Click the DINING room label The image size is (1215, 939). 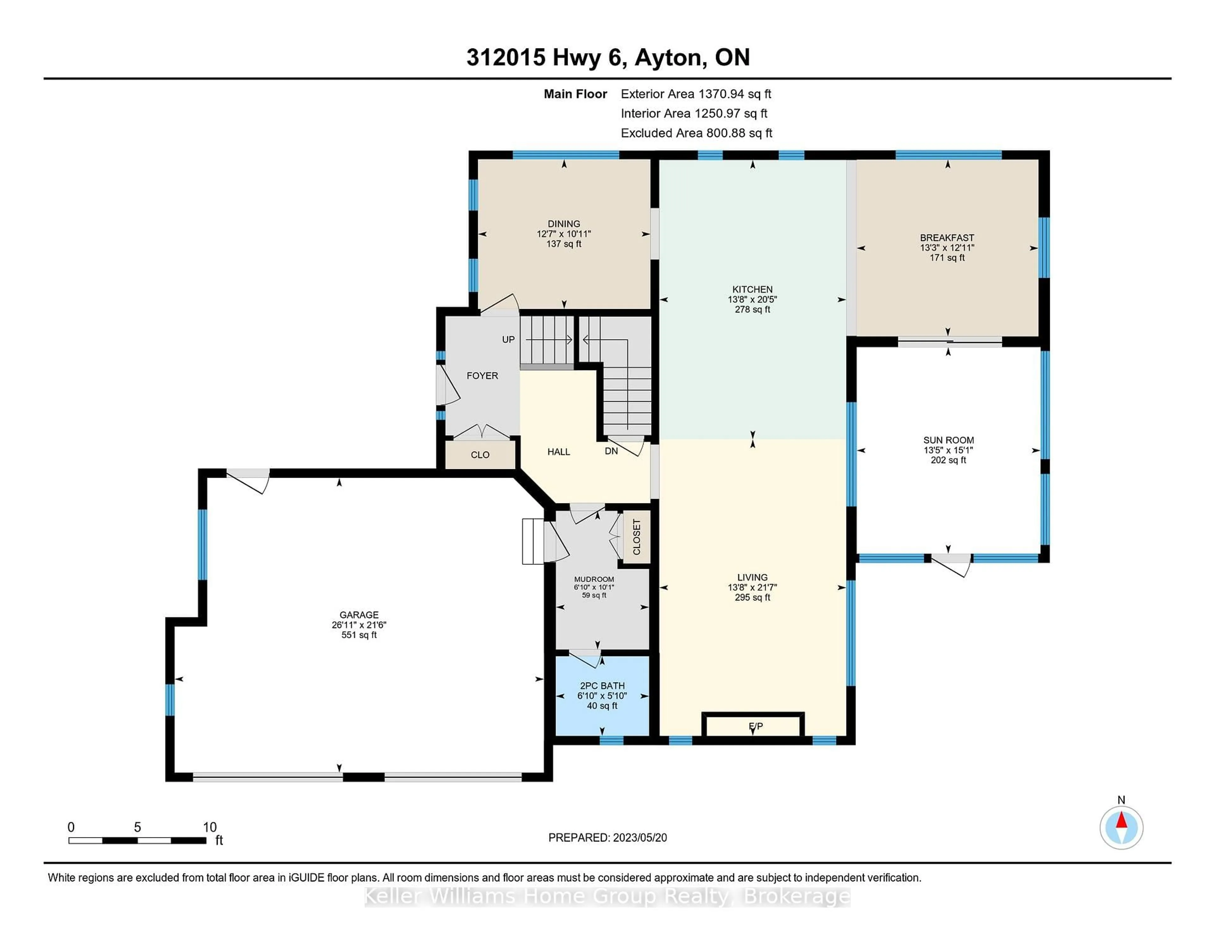click(564, 224)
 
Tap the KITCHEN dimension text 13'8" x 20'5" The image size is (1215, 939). click(752, 299)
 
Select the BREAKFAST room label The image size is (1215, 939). click(947, 238)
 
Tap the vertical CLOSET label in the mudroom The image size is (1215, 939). click(636, 538)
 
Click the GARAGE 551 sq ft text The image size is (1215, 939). click(359, 635)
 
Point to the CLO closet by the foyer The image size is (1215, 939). click(480, 455)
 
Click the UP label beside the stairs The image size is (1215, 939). click(508, 340)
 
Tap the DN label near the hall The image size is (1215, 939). click(611, 451)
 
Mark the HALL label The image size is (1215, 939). click(558, 452)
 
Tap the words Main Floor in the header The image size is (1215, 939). click(575, 94)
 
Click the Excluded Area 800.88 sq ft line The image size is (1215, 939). click(696, 133)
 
